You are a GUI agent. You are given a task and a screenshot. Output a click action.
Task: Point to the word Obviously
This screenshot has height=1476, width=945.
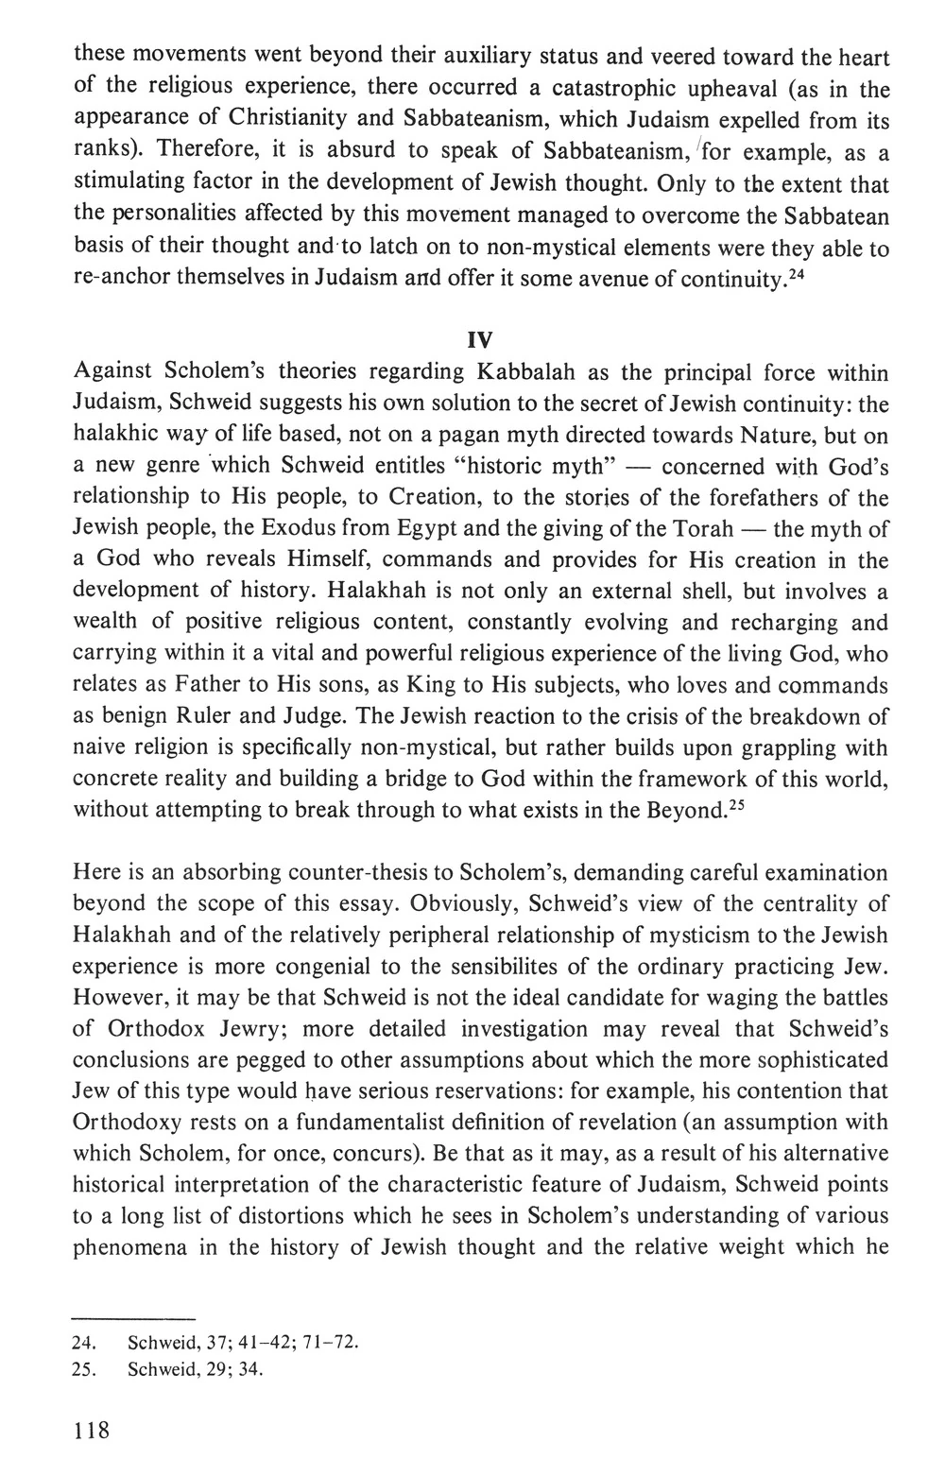click(462, 902)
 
